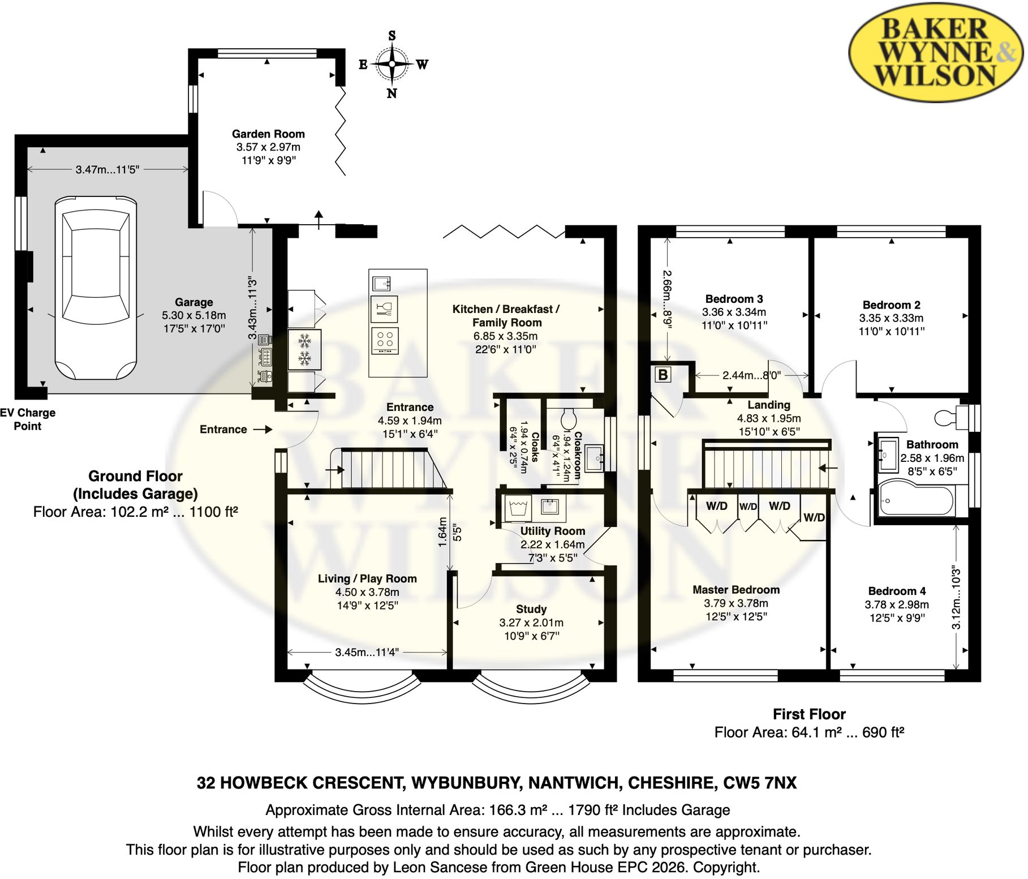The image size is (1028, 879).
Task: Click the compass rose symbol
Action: pyautogui.click(x=392, y=64)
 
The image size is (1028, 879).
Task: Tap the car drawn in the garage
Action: pyautogui.click(x=96, y=288)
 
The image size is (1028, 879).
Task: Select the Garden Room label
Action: pyautogui.click(x=268, y=134)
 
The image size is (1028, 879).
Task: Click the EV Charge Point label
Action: pyautogui.click(x=28, y=419)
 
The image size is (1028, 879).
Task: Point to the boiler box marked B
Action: pyautogui.click(x=663, y=375)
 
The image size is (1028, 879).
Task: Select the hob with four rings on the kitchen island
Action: pyautogui.click(x=385, y=341)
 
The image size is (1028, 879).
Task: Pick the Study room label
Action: pyautogui.click(x=531, y=609)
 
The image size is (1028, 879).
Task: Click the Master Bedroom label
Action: pyautogui.click(x=736, y=590)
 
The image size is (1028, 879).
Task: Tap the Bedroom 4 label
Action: pyautogui.click(x=897, y=591)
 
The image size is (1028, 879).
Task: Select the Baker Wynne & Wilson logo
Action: pyautogui.click(x=936, y=52)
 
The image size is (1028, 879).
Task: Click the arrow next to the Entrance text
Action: pyautogui.click(x=263, y=430)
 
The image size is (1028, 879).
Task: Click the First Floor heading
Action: pyautogui.click(x=809, y=714)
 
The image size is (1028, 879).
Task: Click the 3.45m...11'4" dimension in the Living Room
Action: pyautogui.click(x=367, y=652)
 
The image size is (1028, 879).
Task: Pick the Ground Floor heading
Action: pyautogui.click(x=135, y=476)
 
